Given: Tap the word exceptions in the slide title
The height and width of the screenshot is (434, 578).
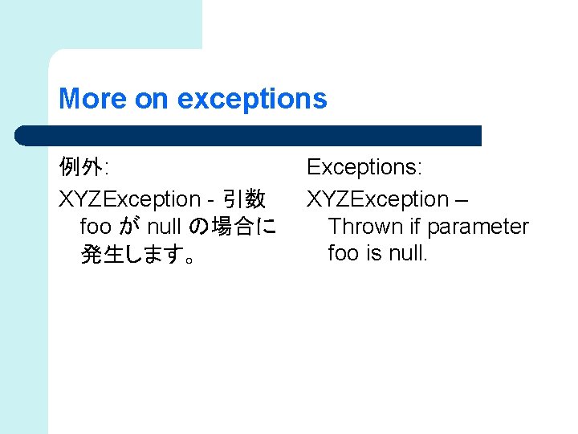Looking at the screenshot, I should click(x=252, y=100).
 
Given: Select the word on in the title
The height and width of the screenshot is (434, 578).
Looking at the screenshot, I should click(x=151, y=100).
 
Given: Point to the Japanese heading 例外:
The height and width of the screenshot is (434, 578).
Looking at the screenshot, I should click(x=83, y=168).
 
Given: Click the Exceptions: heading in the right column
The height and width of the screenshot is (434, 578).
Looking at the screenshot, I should click(x=364, y=168).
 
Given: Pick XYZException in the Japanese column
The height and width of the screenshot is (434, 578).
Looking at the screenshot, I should click(x=130, y=199).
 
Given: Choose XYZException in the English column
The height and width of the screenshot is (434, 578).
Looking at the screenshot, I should click(x=378, y=199).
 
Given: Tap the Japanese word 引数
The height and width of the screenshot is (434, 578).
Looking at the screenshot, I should click(x=244, y=199).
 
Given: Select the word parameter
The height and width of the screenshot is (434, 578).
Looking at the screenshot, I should click(x=478, y=227).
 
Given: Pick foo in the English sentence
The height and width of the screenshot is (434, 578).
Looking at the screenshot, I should click(x=344, y=254).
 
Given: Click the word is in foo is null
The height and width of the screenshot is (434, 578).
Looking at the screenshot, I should click(x=373, y=254).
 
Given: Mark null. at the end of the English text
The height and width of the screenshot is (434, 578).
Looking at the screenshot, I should click(x=409, y=254).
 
